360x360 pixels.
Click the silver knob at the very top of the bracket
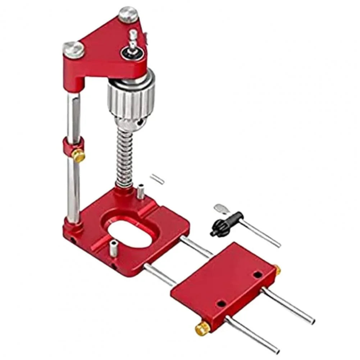coord(128,14)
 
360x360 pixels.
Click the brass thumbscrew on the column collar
coord(78,155)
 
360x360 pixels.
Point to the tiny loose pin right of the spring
coord(158,179)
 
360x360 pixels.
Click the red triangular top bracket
coord(108,47)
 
